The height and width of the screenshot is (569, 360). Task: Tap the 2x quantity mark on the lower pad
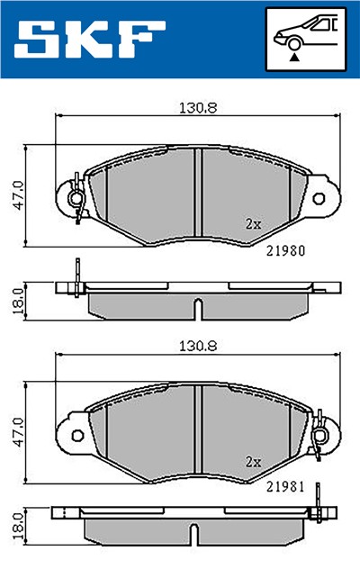click(x=253, y=460)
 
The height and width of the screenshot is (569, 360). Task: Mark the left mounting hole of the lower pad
click(x=76, y=435)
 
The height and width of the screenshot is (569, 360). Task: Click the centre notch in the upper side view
click(x=196, y=308)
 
